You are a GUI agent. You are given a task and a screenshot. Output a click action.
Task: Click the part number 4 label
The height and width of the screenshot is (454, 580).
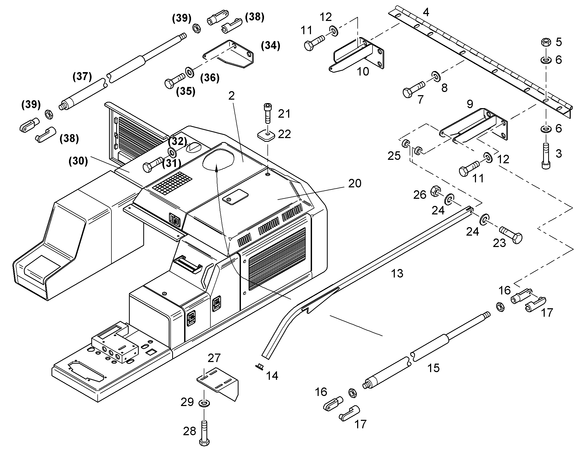pos(426,12)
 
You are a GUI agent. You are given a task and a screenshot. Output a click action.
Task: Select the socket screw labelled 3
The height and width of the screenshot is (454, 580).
pos(546,156)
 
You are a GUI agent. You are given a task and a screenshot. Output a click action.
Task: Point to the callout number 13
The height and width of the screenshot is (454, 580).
pos(397,273)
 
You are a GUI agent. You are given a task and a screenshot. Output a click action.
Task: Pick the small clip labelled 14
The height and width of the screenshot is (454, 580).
pos(259,367)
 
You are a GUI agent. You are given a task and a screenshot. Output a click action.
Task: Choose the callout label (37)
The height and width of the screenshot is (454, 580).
pos(82,77)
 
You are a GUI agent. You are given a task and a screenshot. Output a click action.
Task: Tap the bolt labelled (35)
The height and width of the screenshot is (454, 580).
pos(175,80)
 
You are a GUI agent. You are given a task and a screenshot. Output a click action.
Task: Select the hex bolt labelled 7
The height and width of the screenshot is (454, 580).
pos(414,89)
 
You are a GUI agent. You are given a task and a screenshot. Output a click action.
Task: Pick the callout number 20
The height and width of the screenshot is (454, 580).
pos(355,183)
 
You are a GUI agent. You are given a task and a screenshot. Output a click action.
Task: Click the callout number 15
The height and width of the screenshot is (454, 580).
pos(433,368)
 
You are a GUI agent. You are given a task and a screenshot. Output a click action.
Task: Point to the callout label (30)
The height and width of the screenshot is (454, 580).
pos(78,161)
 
